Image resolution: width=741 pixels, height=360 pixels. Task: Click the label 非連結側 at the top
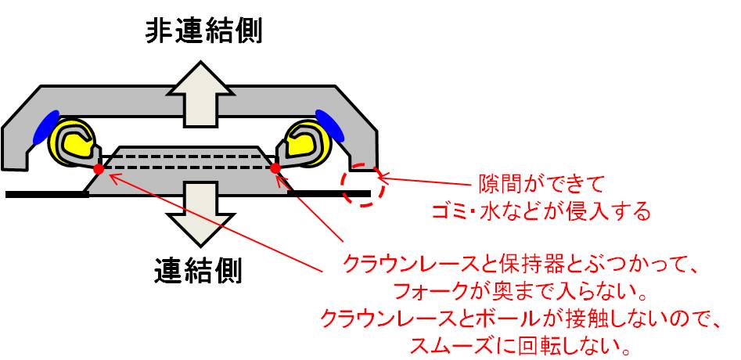coord(203,31)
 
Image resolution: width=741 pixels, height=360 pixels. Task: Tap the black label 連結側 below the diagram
coord(197,272)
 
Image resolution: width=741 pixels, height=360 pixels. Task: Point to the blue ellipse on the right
coord(330,125)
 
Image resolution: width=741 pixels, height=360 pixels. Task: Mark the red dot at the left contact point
coord(99,169)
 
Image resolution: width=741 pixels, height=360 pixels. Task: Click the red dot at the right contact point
coord(275,167)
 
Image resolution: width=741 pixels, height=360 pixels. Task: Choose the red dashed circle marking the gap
coord(364,184)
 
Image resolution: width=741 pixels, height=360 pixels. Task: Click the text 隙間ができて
coord(541,184)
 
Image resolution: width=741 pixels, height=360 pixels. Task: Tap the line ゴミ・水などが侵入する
coord(541,211)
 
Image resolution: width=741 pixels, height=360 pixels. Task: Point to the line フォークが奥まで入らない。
coord(520,294)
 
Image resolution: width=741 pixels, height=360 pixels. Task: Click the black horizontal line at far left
coord(47,194)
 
